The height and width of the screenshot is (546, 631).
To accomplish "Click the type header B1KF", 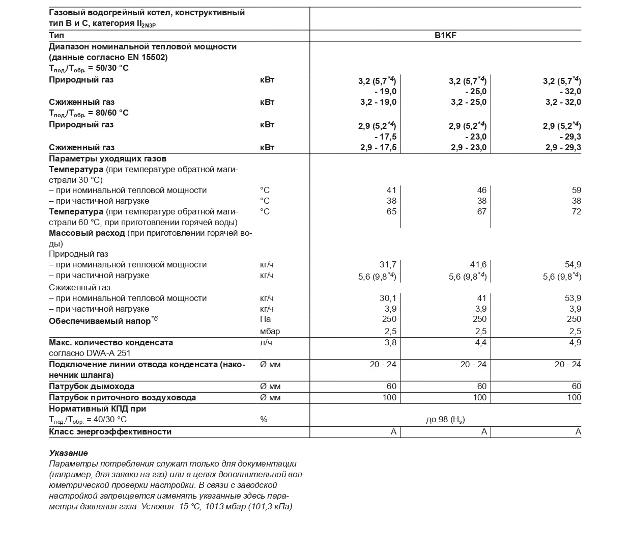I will click(x=445, y=36).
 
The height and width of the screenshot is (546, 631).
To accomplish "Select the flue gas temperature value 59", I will click(x=576, y=190).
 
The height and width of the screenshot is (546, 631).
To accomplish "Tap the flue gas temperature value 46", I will click(x=481, y=190).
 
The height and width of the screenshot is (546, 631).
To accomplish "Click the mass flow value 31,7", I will click(x=388, y=265).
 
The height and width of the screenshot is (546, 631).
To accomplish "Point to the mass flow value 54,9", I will click(x=572, y=265).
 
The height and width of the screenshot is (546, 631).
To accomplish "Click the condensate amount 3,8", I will click(x=390, y=343).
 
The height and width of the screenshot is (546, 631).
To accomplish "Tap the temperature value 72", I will click(x=576, y=212).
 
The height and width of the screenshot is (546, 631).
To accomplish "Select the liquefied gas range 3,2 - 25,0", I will click(x=468, y=102).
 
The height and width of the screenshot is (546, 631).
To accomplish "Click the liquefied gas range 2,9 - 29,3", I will click(x=563, y=148).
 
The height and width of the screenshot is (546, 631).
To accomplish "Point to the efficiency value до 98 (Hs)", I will click(x=445, y=420).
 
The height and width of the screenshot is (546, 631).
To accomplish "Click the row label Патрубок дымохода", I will click(x=92, y=387).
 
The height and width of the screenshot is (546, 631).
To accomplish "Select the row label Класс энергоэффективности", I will click(x=110, y=432).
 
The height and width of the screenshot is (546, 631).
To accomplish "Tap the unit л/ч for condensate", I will click(x=266, y=343).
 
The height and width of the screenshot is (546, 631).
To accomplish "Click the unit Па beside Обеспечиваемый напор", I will click(x=265, y=319).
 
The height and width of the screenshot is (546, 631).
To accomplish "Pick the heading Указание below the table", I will click(x=68, y=453).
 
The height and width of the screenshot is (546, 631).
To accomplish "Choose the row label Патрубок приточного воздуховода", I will click(x=122, y=398).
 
